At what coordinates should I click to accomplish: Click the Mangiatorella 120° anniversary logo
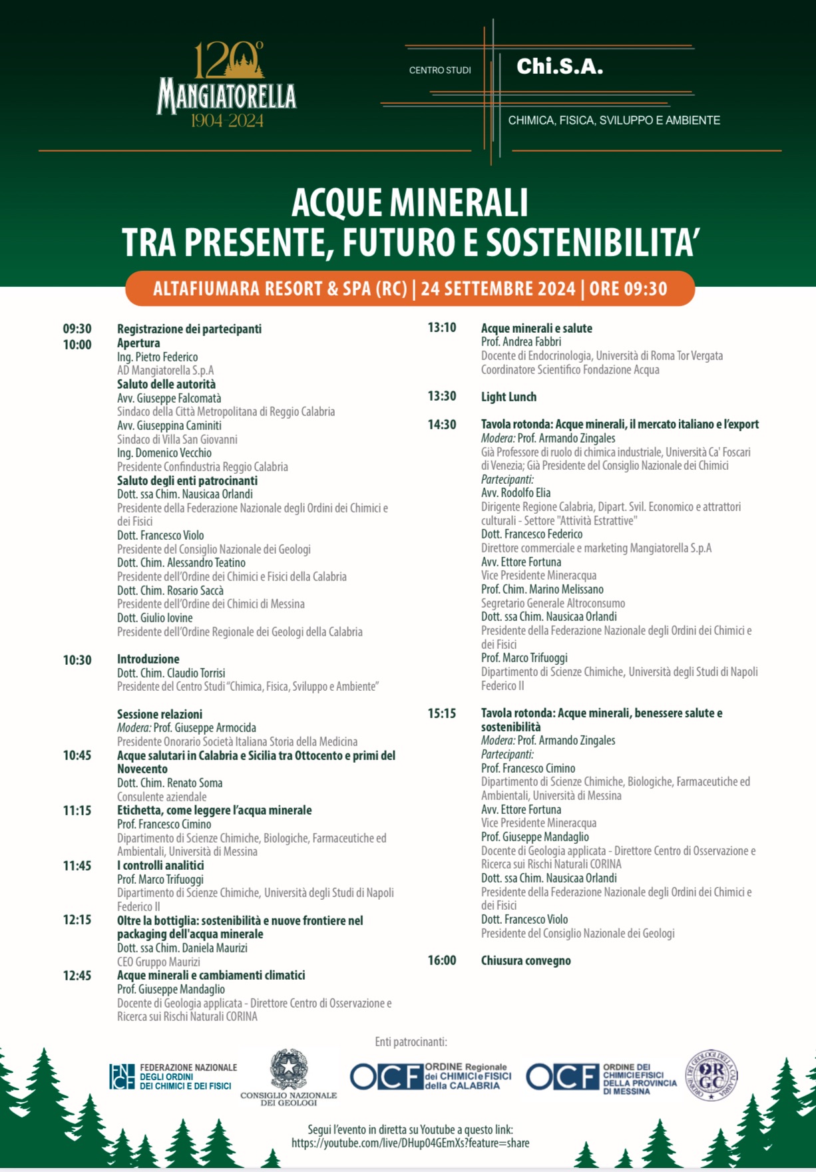click(x=227, y=85)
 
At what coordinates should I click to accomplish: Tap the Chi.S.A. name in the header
click(x=560, y=67)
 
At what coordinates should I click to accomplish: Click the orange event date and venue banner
click(x=410, y=289)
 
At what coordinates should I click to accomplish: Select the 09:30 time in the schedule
click(x=77, y=329)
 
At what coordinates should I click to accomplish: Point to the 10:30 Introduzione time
click(x=77, y=660)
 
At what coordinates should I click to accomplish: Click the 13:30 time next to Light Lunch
click(x=442, y=397)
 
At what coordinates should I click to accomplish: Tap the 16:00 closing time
click(x=442, y=960)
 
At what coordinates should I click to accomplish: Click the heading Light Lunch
click(x=509, y=397)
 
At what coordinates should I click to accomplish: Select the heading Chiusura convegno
click(x=526, y=961)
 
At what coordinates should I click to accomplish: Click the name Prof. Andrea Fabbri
click(x=521, y=342)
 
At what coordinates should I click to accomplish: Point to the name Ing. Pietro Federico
click(x=157, y=357)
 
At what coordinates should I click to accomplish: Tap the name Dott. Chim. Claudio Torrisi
click(x=171, y=673)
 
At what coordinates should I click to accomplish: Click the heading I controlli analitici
click(x=160, y=865)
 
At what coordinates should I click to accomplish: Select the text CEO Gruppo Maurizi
click(x=158, y=962)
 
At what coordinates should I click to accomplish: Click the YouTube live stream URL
click(x=410, y=1143)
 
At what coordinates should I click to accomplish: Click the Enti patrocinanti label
click(x=411, y=1042)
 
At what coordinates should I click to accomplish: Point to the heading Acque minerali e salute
click(x=536, y=328)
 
